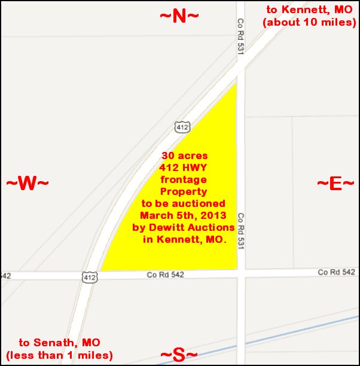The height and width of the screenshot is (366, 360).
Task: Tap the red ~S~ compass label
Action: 178,355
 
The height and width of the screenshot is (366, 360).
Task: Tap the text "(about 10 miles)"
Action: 310,22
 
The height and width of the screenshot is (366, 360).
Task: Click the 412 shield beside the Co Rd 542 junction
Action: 88,277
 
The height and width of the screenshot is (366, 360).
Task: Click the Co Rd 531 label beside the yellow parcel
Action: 241,226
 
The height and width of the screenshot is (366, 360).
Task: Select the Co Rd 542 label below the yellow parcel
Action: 166,274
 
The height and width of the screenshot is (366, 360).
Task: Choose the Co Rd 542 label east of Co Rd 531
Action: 336,272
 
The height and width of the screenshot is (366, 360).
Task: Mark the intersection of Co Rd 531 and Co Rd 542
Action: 241,273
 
